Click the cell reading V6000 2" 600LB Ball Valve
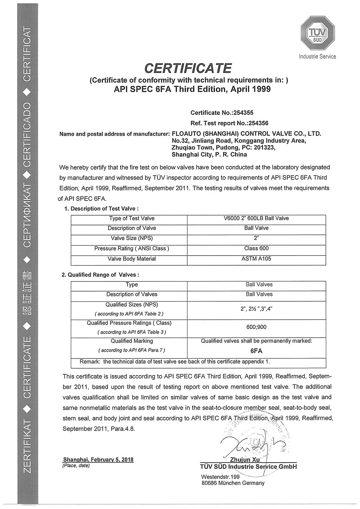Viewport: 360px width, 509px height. coord(256,219)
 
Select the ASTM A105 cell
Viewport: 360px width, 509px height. coord(256,259)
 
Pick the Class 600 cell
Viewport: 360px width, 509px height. coord(256,248)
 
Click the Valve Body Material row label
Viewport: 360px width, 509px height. coord(132,259)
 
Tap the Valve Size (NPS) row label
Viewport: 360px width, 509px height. coord(132,238)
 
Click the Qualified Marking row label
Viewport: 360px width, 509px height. coord(132,341)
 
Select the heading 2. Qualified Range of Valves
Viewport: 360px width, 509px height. coord(100,275)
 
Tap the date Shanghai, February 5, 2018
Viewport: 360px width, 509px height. coord(98,460)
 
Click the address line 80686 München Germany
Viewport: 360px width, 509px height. coord(233,483)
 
